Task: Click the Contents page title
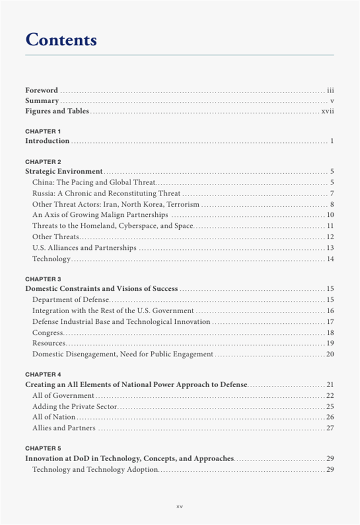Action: [61, 40]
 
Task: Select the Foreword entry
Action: [41, 90]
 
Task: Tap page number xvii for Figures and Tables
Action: [328, 111]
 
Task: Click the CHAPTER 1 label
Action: [43, 131]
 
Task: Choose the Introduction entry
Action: [47, 141]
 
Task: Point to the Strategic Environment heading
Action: [64, 171]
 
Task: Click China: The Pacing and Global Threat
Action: [93, 182]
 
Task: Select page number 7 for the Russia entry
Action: [332, 193]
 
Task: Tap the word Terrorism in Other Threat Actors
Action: [183, 204]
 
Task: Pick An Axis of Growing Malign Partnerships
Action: [100, 215]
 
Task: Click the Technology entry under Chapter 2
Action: [52, 259]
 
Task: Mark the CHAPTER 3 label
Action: [43, 278]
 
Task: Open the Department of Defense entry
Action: [71, 300]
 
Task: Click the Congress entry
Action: [48, 333]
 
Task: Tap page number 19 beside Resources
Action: [330, 343]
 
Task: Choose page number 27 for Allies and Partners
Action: [330, 429]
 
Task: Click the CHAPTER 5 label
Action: [43, 448]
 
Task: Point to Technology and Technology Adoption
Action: [95, 470]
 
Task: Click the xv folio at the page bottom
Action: [180, 507]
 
